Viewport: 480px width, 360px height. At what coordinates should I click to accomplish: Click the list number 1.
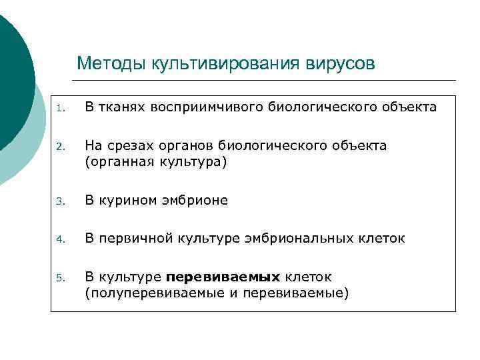[x=60, y=108]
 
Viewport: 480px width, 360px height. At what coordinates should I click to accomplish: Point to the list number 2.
[x=60, y=146]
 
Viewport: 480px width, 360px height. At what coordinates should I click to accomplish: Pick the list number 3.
[x=60, y=201]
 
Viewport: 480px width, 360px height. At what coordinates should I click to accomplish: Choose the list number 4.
[x=60, y=239]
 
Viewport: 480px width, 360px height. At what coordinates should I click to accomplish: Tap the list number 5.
[x=60, y=277]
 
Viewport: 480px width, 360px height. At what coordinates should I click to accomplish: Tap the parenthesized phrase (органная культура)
[x=156, y=162]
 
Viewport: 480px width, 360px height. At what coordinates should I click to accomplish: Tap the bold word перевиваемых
[x=223, y=276]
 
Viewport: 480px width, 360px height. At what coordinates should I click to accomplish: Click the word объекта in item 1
[x=411, y=107]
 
